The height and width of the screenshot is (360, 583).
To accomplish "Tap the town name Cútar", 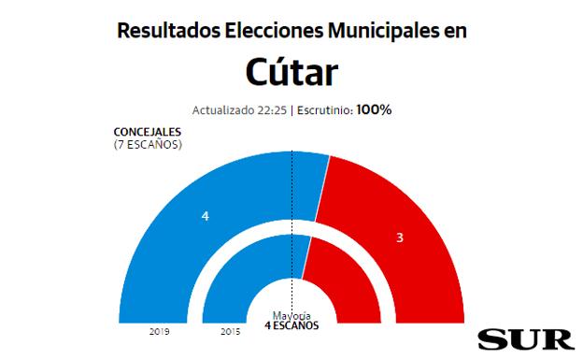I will click(291, 73).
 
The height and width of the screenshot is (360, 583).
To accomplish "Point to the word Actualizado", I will click(225, 110).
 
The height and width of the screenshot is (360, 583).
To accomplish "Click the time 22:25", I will click(273, 110).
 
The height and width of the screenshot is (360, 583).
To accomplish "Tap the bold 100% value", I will click(374, 110).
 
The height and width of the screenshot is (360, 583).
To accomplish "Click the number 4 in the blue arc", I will click(205, 216).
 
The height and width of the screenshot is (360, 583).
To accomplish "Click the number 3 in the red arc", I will click(399, 238).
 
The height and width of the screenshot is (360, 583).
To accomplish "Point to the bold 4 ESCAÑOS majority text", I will click(291, 326).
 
